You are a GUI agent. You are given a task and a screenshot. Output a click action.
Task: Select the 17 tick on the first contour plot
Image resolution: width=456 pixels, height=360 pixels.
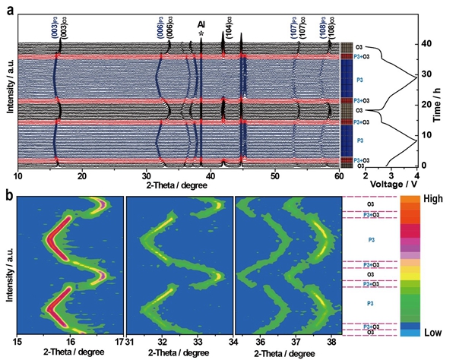click(x=119, y=343)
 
